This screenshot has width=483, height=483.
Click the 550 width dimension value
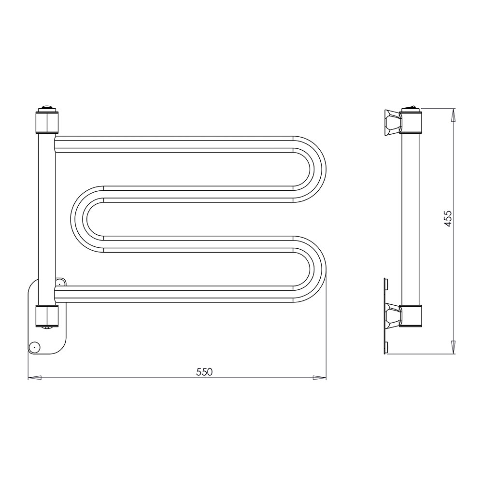coord(204,372)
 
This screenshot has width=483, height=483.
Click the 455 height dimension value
coord(448,219)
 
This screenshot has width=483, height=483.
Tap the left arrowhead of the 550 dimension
coord(34,377)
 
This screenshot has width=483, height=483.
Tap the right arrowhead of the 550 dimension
coord(319,377)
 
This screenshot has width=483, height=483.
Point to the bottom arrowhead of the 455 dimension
coord(453,347)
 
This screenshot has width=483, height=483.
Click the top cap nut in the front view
coord(47,121)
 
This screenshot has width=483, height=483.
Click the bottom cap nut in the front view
coord(47,316)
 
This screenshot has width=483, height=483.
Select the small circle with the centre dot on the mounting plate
coord(34,347)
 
